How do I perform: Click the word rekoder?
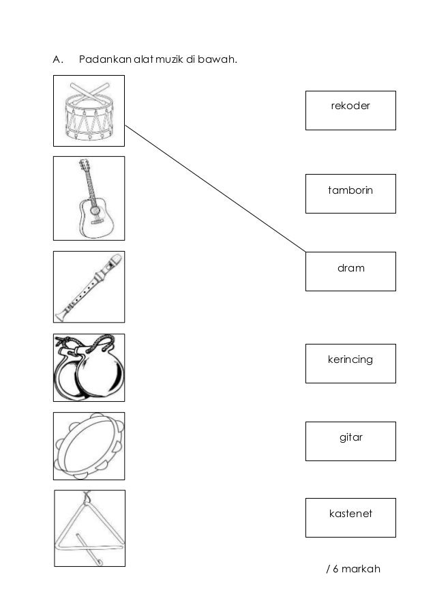pos(350,106)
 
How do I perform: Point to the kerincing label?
pos(350,359)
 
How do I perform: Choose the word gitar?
pos(350,437)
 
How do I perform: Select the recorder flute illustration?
pos(89,287)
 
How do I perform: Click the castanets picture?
pos(89,368)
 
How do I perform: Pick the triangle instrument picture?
pos(89,528)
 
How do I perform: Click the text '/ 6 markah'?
pos(353,568)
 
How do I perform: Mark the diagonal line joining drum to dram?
pos(215,188)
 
